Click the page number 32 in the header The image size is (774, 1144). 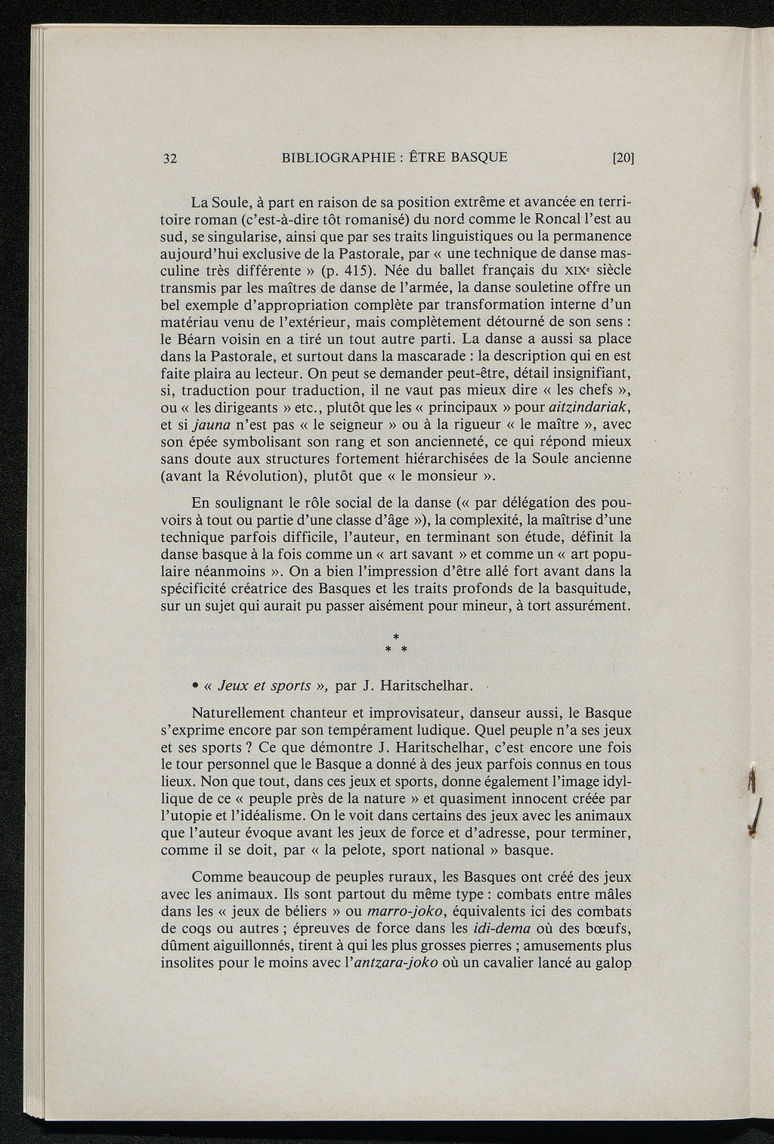(169, 159)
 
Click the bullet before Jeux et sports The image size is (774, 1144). (195, 686)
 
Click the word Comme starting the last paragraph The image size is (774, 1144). (216, 877)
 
